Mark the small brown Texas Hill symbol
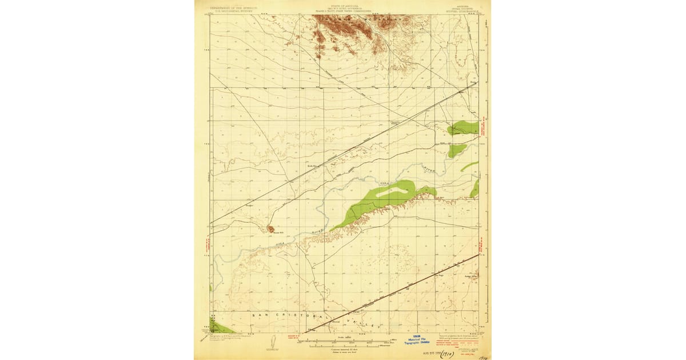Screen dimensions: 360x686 [x=270, y=229]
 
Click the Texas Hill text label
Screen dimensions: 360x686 [x=277, y=233]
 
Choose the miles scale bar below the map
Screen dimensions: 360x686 [x=343, y=342]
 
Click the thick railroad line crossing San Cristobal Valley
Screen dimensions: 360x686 [x=394, y=291]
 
